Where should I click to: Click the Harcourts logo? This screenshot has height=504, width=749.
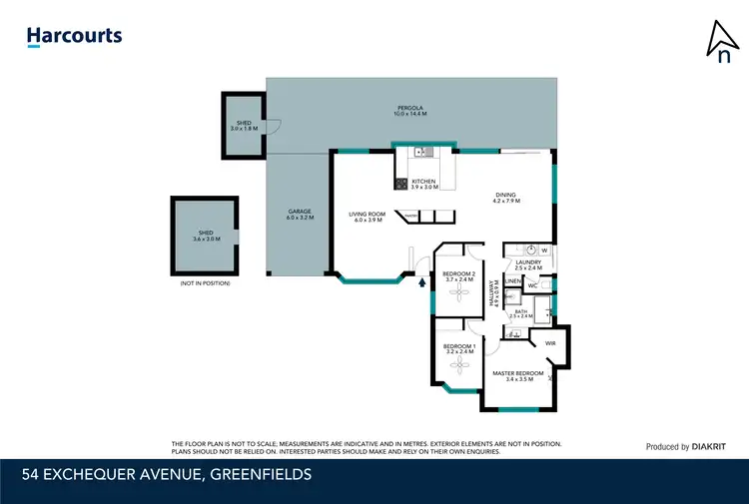pos(74,37)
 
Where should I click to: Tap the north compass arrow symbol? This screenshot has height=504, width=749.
pos(719,40)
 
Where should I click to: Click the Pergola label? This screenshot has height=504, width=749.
pos(409,111)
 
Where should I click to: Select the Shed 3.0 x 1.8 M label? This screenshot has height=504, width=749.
pos(244,127)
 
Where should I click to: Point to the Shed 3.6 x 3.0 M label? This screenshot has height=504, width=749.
pos(205,238)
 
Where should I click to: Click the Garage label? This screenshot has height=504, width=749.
pos(300,214)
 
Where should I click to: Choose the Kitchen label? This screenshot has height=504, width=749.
pos(424,184)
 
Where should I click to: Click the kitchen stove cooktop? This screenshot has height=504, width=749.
pos(401,184)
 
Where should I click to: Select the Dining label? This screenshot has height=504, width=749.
pos(505,198)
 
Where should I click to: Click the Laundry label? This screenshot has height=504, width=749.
pos(527,265)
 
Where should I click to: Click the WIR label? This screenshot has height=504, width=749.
pos(550,343)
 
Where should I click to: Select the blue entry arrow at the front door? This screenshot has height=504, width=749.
pos(421,282)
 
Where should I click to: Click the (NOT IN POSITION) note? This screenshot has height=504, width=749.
pos(205,283)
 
